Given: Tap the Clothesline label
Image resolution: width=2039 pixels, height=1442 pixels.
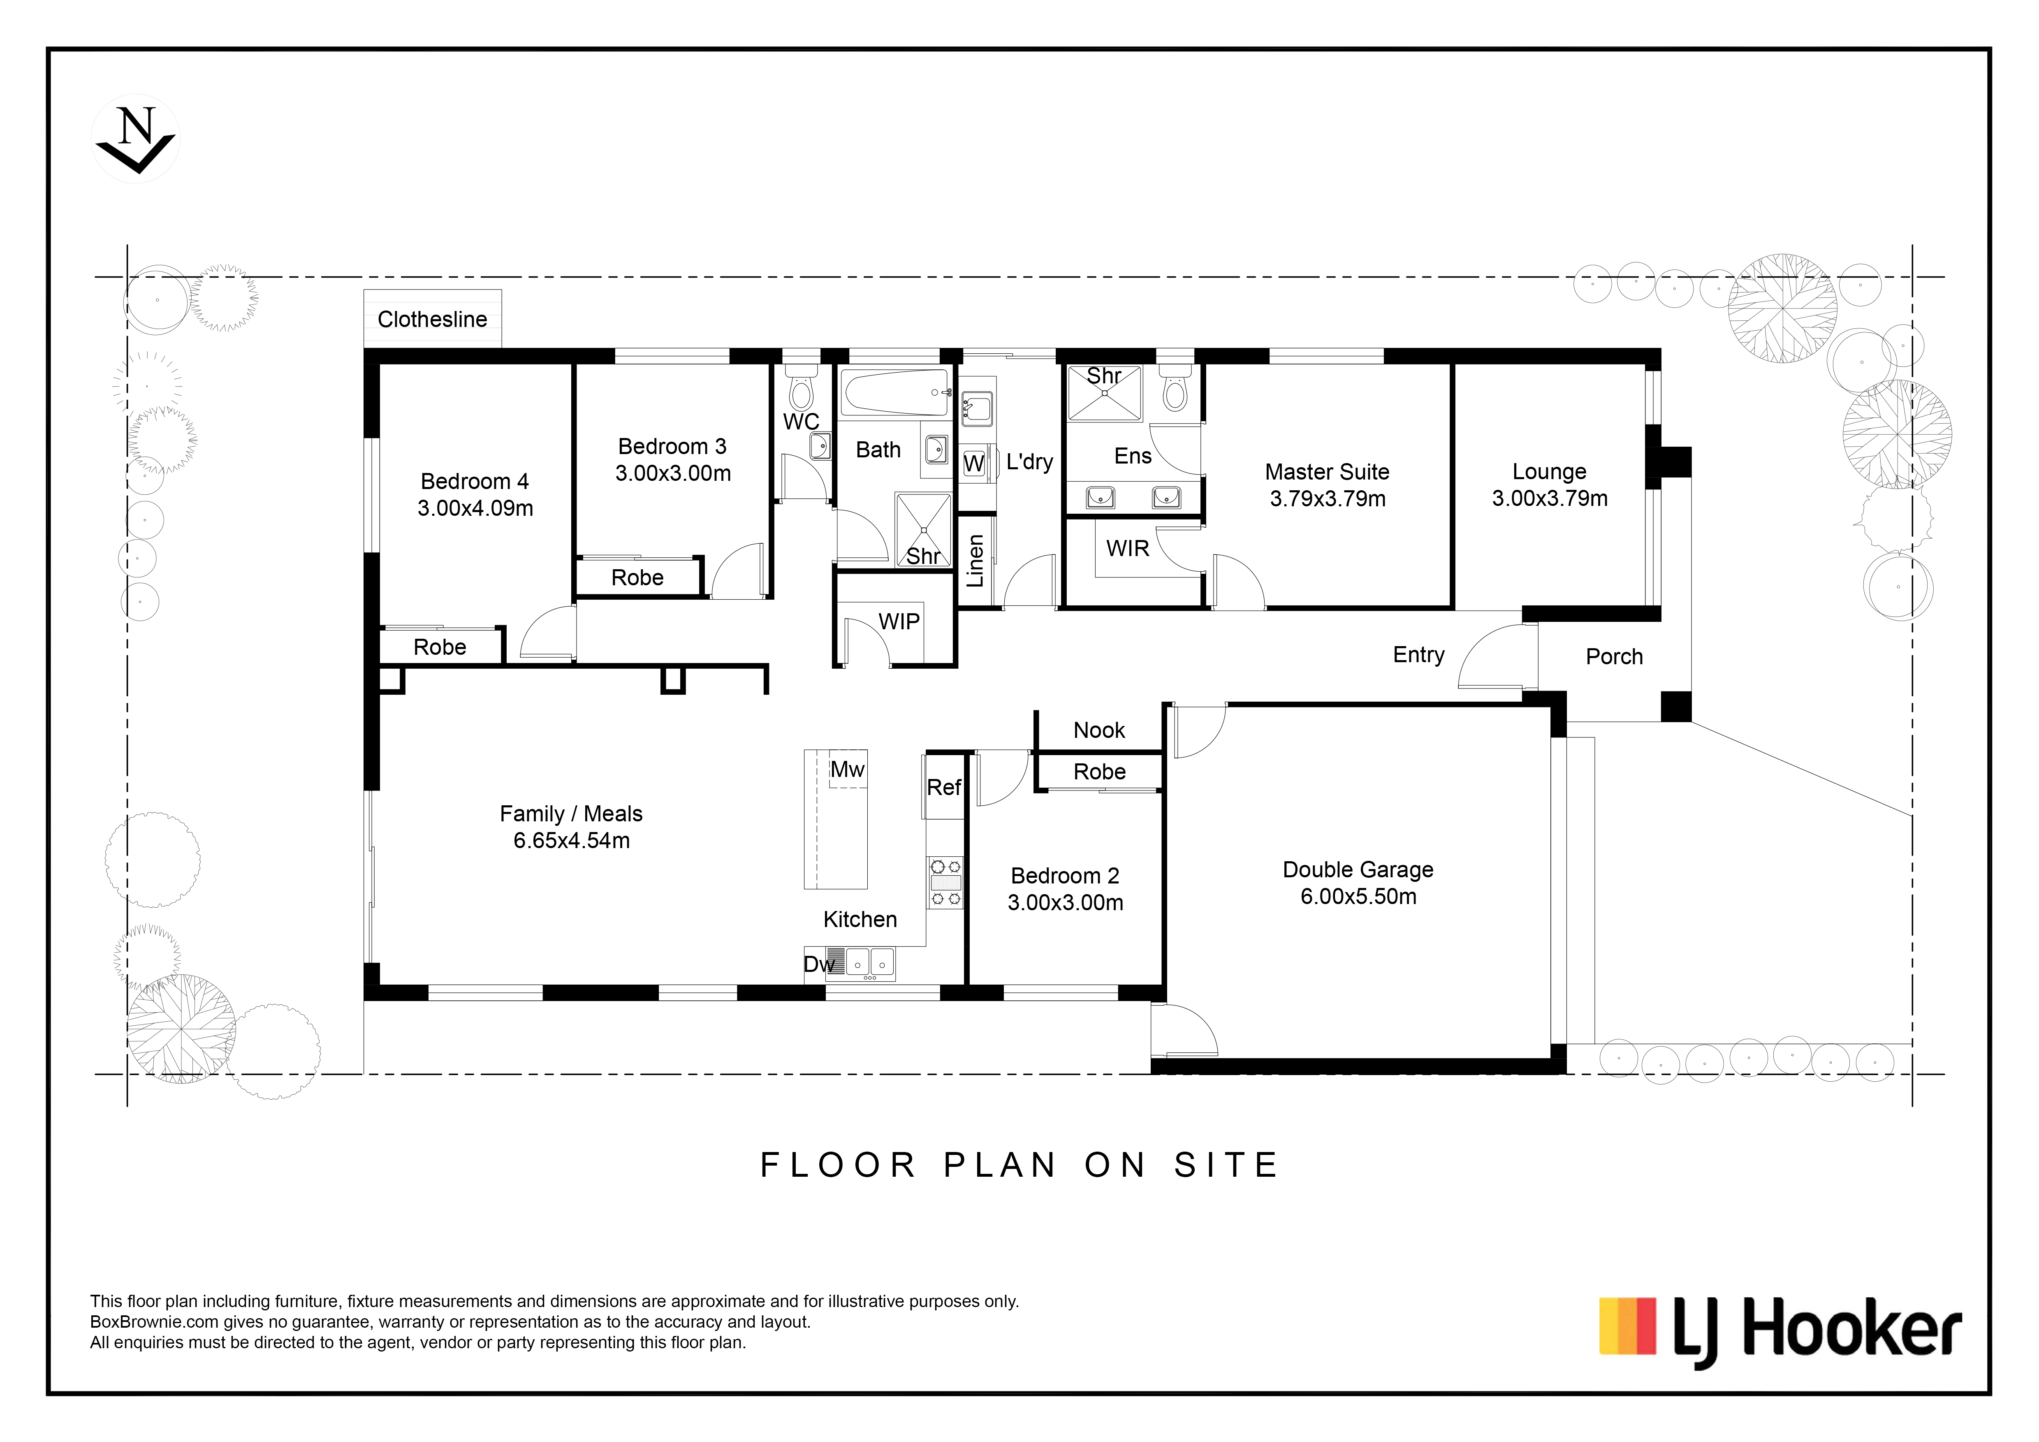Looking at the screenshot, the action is tap(433, 320).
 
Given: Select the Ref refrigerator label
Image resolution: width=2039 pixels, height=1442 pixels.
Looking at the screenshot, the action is tap(944, 788).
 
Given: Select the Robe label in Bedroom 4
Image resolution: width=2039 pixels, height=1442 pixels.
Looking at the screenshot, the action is tap(440, 647).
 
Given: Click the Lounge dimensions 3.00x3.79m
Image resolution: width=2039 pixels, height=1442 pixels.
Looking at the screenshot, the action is tap(1550, 499).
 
